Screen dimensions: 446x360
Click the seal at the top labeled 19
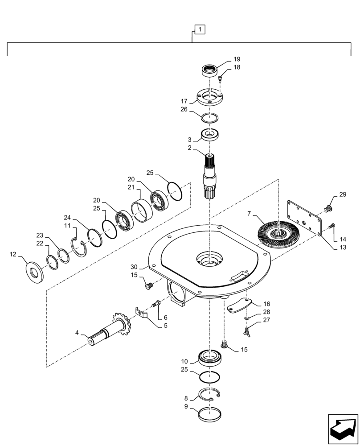[209, 70]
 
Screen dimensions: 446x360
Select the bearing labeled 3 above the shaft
[209, 135]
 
